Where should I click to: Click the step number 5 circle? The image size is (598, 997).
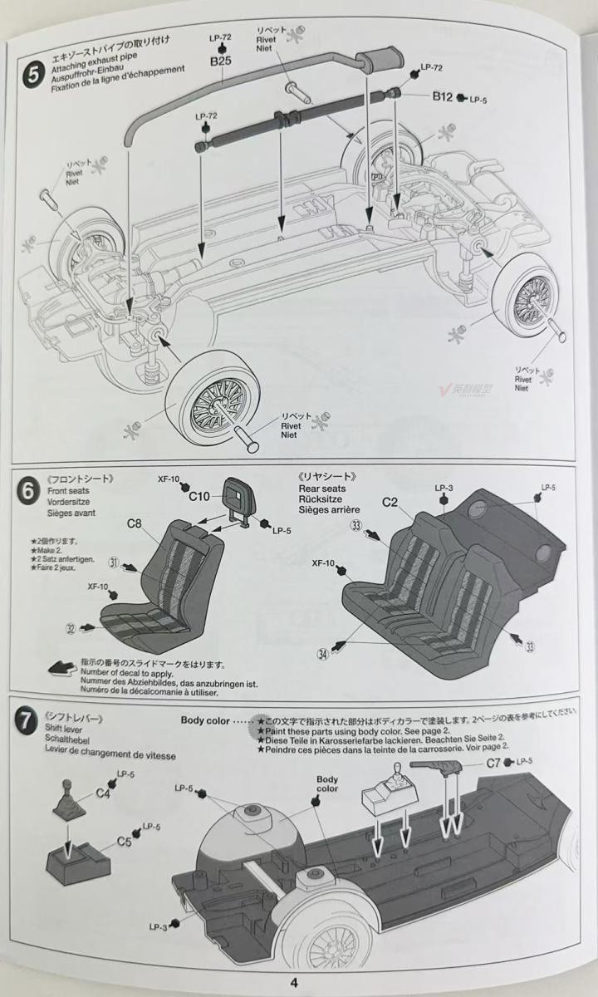coord(32,73)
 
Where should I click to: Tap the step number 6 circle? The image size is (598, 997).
coord(27,489)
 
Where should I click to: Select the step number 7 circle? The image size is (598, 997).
coord(27,720)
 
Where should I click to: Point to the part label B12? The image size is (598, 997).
coord(441,97)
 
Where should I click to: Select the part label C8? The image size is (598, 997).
coord(135,523)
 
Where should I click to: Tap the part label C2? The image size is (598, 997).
coord(390,502)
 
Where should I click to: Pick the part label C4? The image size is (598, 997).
coord(103,793)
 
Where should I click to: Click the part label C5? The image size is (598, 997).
coord(125,841)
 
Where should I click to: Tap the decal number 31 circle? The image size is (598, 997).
coord(114,562)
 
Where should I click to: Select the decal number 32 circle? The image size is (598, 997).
coord(71,628)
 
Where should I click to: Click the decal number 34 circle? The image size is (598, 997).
coord(321,654)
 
